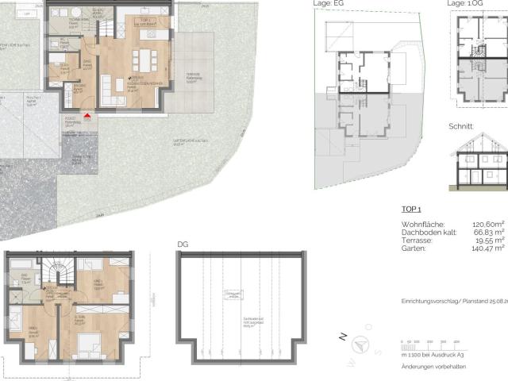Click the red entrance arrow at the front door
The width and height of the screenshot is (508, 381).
click(87, 117)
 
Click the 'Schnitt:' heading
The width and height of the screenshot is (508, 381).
click(461, 126)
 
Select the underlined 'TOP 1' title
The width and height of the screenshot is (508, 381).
click(410, 210)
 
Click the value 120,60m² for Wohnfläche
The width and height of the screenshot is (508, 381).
click(489, 225)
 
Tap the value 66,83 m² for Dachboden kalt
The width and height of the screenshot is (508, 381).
click(490, 233)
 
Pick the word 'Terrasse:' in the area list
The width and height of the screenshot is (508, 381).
click(418, 241)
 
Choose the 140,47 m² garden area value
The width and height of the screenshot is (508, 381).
click(489, 248)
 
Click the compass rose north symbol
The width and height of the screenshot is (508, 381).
click(359, 344)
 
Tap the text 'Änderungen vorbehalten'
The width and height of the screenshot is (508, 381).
click(434, 367)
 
